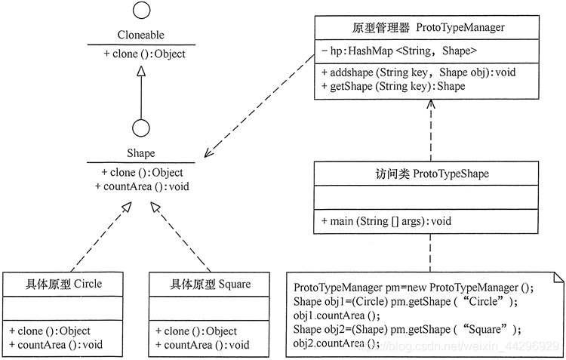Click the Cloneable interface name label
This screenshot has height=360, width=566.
[140, 35]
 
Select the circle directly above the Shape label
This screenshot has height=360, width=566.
[140, 128]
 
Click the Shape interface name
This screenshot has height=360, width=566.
[140, 153]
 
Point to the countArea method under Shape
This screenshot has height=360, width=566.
[141, 186]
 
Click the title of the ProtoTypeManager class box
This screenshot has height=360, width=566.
[429, 28]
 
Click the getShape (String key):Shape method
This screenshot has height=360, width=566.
[393, 86]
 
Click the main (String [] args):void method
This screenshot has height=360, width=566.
[386, 221]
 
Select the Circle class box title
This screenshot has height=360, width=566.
[52, 284]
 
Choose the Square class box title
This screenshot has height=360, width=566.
[200, 284]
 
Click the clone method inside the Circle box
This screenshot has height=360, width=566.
[50, 331]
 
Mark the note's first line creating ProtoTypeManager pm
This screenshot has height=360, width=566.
[413, 288]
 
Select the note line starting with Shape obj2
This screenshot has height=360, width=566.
[408, 329]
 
